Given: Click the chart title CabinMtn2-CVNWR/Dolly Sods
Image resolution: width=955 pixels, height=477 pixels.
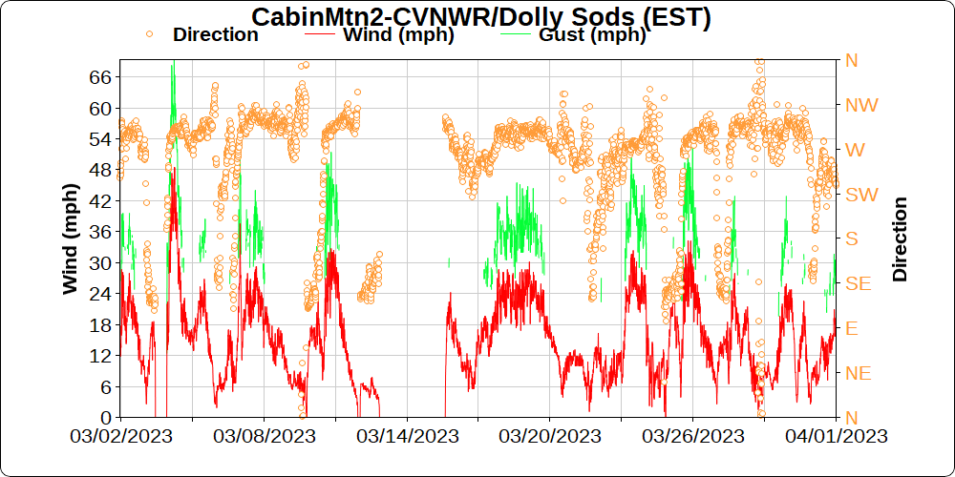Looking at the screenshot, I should click(x=481, y=18).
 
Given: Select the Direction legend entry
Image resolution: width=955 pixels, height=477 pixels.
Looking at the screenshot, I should click(x=215, y=34).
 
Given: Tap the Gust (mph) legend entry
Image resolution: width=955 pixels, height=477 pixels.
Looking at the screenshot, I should click(x=592, y=35).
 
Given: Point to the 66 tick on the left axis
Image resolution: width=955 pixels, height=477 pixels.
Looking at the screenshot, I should click(x=100, y=76).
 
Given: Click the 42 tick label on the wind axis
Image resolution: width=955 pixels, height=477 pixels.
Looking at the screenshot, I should click(x=100, y=200).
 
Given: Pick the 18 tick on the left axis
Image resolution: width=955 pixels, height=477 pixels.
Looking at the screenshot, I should click(x=100, y=324).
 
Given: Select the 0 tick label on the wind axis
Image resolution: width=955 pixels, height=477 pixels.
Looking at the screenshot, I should click(x=105, y=418).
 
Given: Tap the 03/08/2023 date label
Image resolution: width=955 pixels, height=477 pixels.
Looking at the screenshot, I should click(x=264, y=436).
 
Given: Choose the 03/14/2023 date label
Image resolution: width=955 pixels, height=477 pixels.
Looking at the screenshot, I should click(x=408, y=436).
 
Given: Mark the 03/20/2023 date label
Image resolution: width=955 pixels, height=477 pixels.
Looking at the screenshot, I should click(x=550, y=436).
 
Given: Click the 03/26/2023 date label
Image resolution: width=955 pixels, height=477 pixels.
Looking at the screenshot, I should click(x=693, y=436).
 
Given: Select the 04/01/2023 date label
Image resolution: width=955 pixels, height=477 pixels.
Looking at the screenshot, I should click(x=837, y=436).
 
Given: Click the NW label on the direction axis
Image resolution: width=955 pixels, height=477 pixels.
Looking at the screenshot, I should click(x=861, y=105).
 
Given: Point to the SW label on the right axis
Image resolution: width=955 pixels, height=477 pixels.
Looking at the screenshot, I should click(x=861, y=195).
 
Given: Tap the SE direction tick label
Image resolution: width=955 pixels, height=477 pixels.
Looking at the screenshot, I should click(x=859, y=283).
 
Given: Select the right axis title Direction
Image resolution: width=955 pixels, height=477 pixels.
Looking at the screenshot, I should click(x=900, y=239).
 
